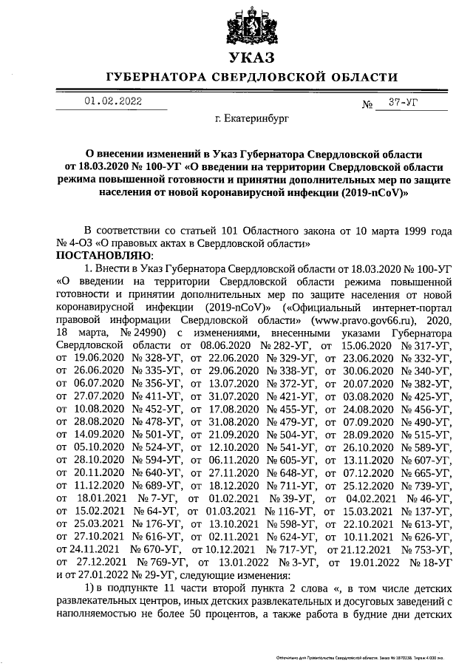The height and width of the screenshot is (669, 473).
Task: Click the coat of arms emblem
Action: tap(250, 24)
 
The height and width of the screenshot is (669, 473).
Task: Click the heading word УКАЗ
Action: tap(250, 58)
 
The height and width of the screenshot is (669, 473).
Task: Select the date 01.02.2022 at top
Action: tap(112, 102)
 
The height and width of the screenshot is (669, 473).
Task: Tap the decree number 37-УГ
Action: tap(403, 103)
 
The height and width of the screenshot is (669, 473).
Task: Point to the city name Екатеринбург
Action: tap(252, 118)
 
